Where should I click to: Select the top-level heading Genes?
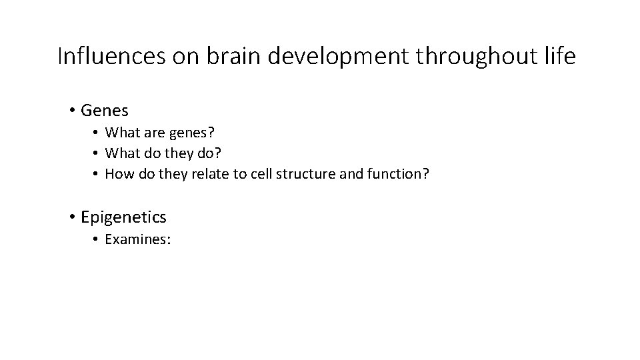[x=104, y=110]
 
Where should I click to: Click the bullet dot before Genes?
[x=71, y=110]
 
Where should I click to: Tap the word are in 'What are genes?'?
[x=151, y=132]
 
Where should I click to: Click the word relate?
[x=212, y=174]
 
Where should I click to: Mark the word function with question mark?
[x=403, y=174]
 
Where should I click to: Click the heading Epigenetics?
[x=123, y=217]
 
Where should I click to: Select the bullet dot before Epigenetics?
[x=71, y=217]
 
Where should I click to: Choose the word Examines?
[x=138, y=239]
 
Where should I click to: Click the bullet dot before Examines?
[x=97, y=239]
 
